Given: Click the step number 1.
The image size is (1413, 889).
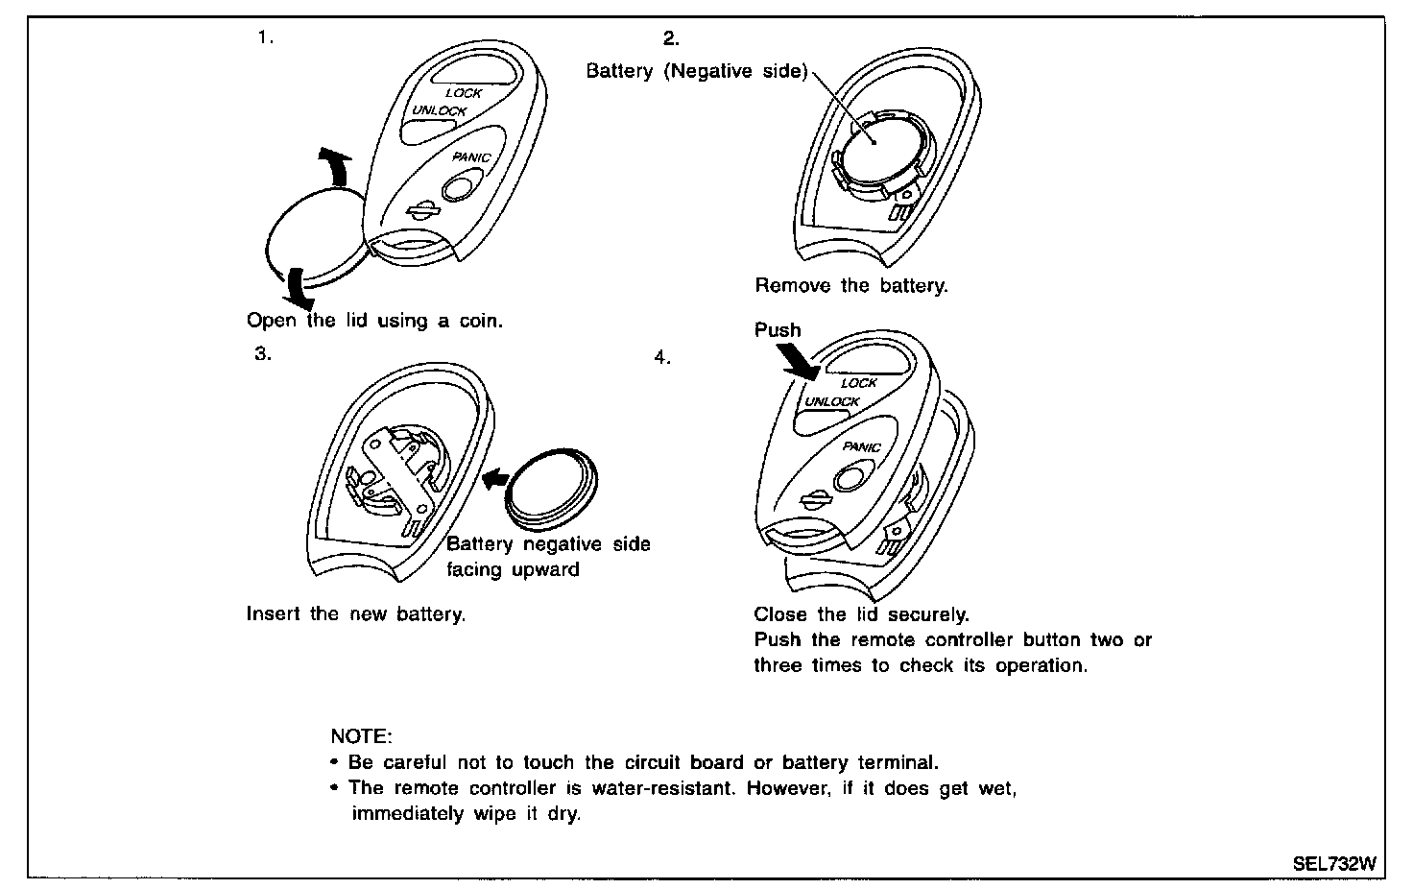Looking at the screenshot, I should tap(265, 38).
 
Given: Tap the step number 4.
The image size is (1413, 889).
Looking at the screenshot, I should tap(661, 357).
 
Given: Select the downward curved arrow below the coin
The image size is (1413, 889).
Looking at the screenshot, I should tap(299, 289).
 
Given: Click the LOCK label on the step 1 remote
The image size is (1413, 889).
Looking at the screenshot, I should tap(464, 93).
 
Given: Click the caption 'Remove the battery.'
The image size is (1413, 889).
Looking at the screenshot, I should tap(851, 285).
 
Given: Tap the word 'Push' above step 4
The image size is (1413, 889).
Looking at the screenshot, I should tap(778, 330).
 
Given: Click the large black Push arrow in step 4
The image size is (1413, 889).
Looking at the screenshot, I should tap(798, 362).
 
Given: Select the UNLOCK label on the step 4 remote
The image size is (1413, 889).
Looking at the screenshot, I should tap(832, 401).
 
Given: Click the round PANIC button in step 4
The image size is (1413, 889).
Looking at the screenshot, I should tap(850, 476).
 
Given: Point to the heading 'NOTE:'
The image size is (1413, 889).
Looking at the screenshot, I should tap(361, 736).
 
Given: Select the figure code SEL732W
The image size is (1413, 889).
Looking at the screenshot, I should tap(1333, 863).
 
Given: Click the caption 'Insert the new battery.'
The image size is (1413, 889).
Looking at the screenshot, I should tap(356, 613).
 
